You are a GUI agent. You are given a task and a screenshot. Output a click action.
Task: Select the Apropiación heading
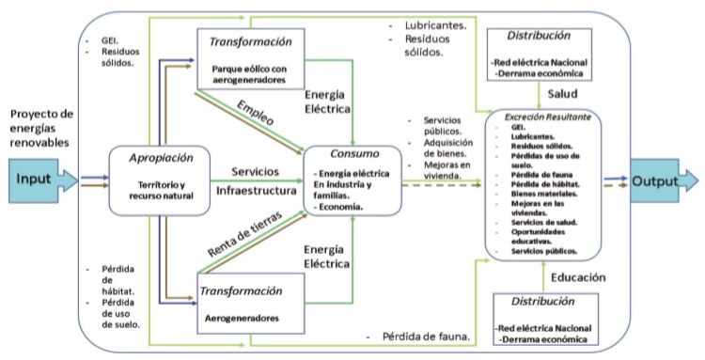point(156,159)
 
